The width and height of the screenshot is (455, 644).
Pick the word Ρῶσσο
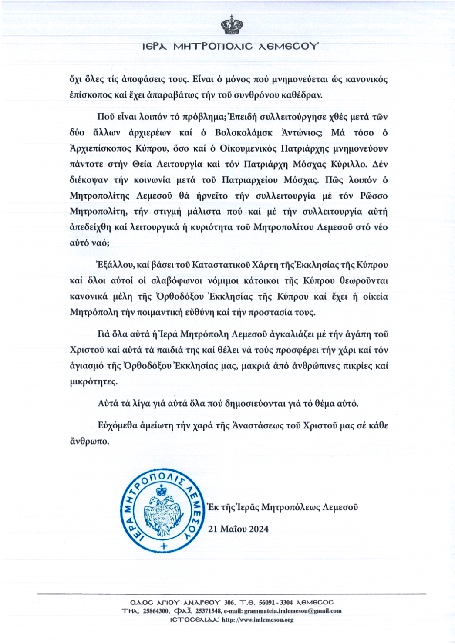pos(373,196)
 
